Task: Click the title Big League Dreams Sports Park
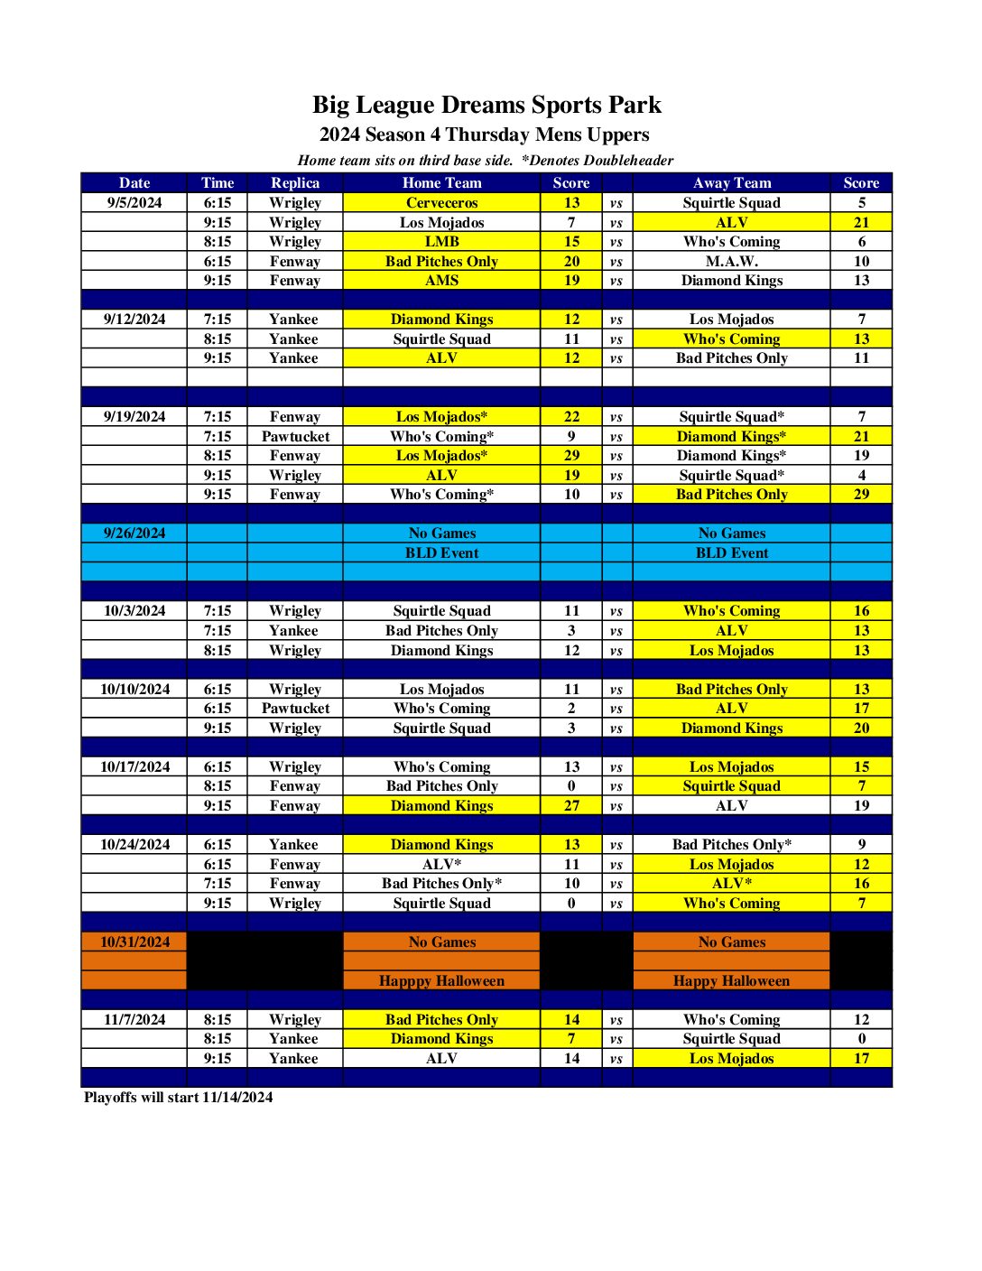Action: click(x=486, y=105)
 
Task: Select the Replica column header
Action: click(x=295, y=183)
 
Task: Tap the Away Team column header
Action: click(x=731, y=183)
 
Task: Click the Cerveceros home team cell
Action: click(x=441, y=203)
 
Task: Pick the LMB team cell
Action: click(x=441, y=242)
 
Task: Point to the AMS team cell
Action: click(x=441, y=281)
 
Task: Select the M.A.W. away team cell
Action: click(x=731, y=262)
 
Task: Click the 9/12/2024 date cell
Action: click(x=134, y=320)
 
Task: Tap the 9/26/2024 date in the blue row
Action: click(x=134, y=533)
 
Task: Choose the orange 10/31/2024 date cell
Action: click(x=134, y=942)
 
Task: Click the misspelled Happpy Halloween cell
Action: click(x=441, y=981)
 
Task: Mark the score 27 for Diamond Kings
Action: click(x=571, y=806)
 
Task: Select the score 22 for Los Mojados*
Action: click(x=571, y=417)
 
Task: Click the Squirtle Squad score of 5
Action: click(x=861, y=203)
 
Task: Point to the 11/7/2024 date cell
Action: click(x=134, y=1020)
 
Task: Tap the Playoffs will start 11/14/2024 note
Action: click(x=178, y=1098)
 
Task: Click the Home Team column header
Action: click(x=441, y=183)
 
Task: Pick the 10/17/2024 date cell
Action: click(x=134, y=767)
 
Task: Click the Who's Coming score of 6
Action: click(x=861, y=242)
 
